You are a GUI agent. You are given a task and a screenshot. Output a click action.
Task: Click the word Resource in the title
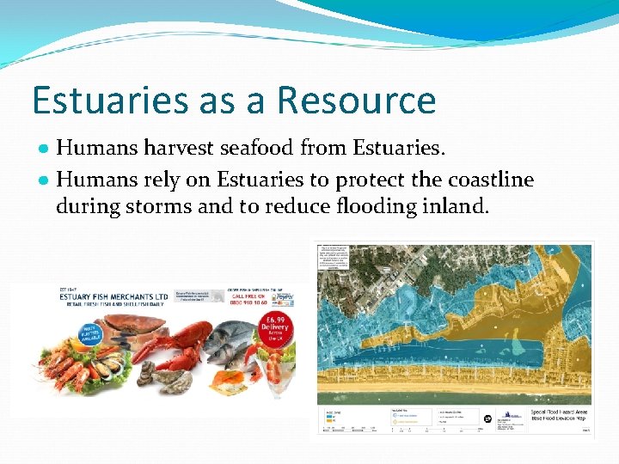click(x=356, y=101)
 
